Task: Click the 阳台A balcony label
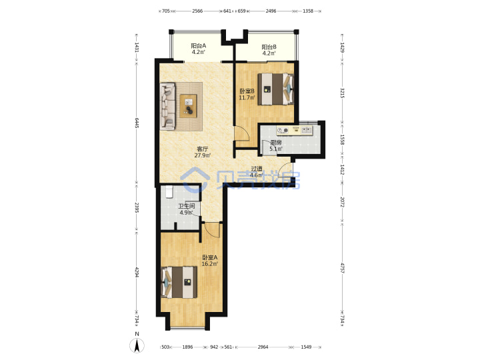coord(199,46)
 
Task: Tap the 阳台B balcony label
coord(269,47)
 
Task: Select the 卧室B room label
coord(247,91)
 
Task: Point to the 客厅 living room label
coord(203,149)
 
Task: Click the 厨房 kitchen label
coord(276,143)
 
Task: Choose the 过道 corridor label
coord(257,169)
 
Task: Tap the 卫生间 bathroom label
coord(187,206)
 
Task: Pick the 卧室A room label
coord(210,257)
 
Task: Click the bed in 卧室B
coord(275,89)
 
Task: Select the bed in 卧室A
coord(179,282)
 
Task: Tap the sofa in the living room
coord(167,106)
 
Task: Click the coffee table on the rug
coord(188,106)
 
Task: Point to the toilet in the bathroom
coord(169,192)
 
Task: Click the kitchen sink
coord(307,130)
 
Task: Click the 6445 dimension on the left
coord(137,123)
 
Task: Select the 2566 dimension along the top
coord(197,11)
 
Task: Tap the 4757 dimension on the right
coord(342,268)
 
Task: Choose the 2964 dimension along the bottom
coord(263,347)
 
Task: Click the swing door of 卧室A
coord(213,229)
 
